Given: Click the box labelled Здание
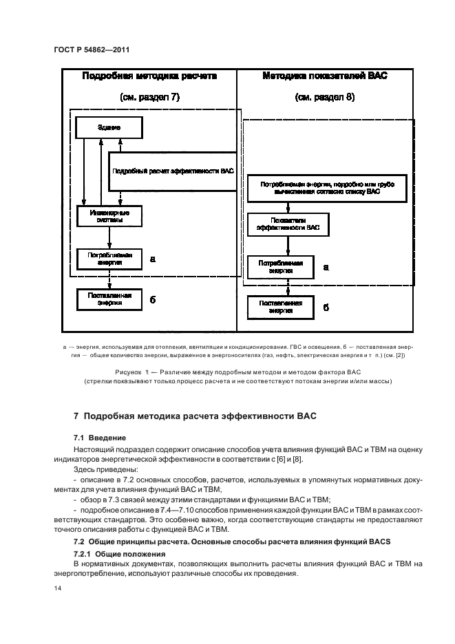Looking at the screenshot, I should (109, 127).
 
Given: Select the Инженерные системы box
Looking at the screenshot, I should (109, 217).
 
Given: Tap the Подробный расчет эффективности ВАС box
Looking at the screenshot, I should (172, 171).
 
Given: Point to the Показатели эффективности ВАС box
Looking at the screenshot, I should (288, 223).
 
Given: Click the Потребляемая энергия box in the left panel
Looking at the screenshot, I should (109, 259).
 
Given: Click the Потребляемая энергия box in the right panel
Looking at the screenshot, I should (280, 267).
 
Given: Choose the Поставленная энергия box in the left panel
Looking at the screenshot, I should (109, 299).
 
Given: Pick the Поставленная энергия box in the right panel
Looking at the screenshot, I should (280, 307).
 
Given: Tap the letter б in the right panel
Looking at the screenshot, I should (326, 307).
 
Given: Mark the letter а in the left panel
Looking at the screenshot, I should (152, 259).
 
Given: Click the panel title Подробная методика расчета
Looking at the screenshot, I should (149, 76).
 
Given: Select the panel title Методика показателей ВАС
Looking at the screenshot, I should (325, 76).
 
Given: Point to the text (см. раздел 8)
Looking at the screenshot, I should (325, 98).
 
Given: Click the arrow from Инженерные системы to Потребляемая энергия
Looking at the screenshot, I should (110, 237).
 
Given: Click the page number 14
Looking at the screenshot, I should (58, 589).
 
